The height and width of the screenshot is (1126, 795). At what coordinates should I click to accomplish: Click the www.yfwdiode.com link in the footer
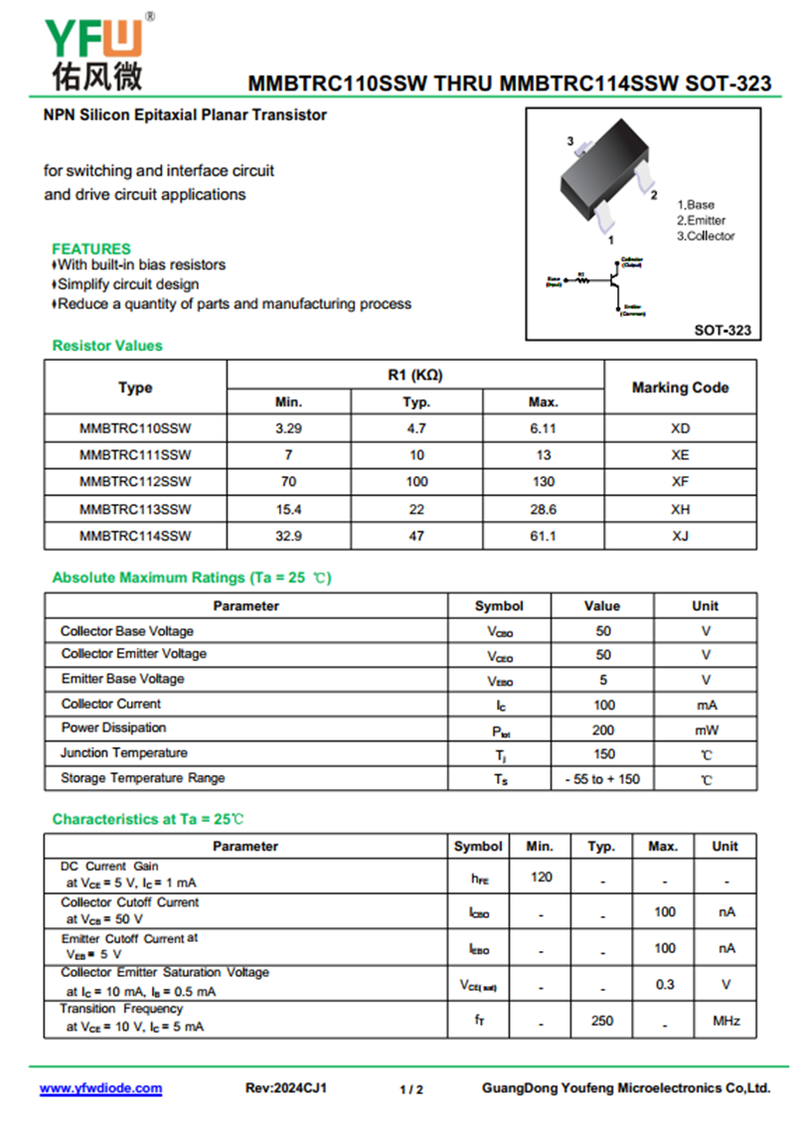[100, 1088]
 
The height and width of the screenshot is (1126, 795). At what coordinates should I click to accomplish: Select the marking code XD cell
[680, 428]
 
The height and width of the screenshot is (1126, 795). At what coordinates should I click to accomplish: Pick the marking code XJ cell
[680, 536]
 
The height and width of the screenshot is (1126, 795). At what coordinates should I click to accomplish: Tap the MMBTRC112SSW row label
[135, 482]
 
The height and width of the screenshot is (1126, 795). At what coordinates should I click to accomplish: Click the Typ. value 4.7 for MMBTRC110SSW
[416, 428]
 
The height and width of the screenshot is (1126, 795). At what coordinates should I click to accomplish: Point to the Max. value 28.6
[543, 509]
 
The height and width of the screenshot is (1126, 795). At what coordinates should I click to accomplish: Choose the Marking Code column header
[680, 388]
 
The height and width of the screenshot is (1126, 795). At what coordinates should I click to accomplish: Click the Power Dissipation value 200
[603, 729]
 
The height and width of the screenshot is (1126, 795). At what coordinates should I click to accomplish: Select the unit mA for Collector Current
[706, 705]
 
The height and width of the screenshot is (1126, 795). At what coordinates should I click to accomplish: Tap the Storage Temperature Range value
[603, 779]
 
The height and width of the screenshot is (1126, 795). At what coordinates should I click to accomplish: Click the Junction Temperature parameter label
[124, 753]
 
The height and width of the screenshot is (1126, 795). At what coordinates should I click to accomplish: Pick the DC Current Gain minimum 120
[542, 877]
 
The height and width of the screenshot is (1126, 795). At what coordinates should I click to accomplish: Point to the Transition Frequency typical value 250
[602, 1021]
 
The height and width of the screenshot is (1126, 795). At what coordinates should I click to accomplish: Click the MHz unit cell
[725, 1021]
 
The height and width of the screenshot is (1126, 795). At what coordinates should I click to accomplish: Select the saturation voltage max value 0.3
[664, 984]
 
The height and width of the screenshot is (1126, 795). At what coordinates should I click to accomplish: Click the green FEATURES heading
[91, 248]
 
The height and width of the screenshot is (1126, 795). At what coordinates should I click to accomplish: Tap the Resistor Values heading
[107, 346]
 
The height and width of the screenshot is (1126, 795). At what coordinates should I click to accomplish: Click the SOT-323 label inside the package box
[722, 330]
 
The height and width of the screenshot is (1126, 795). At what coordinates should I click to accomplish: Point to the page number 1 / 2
[411, 1089]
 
